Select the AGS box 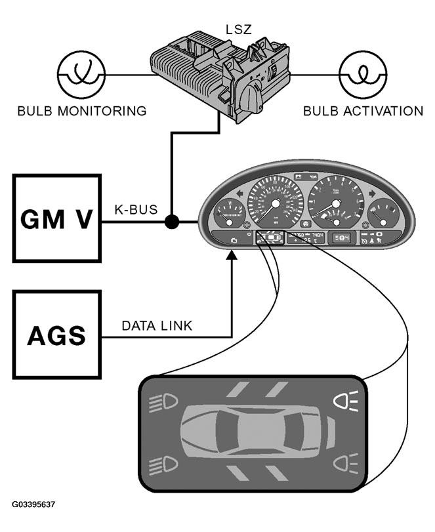[x=56, y=335]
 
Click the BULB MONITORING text [x=81, y=111]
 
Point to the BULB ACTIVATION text [x=363, y=111]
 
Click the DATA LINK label [x=157, y=326]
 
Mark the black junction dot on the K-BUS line [x=172, y=222]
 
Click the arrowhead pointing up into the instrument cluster [x=232, y=260]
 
